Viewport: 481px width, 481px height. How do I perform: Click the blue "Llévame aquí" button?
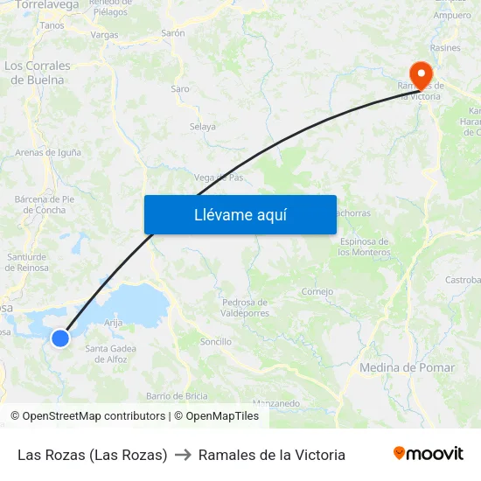tap(240, 214)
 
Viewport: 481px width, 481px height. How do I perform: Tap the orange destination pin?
tap(420, 73)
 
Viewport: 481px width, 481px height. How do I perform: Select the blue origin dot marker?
tap(60, 338)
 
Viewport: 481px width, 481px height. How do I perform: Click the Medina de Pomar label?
tap(407, 368)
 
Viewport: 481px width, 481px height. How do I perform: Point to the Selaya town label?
tap(203, 127)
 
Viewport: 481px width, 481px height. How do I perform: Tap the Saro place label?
tap(180, 89)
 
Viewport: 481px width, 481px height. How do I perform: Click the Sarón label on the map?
tap(173, 33)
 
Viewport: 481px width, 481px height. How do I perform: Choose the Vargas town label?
tap(104, 35)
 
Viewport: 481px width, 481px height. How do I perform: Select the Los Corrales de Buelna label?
tap(38, 73)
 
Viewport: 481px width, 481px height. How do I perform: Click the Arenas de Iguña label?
tap(48, 152)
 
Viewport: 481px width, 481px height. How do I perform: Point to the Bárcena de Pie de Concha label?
tap(45, 205)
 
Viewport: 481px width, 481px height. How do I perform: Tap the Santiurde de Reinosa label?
tap(27, 261)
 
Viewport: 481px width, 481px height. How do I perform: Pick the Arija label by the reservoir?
tap(113, 323)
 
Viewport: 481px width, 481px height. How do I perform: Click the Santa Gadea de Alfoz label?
tap(110, 354)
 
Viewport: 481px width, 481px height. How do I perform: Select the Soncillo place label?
tap(216, 341)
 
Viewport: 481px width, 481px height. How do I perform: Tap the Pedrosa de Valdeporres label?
tap(245, 307)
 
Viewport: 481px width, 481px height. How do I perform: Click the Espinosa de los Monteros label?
tap(366, 247)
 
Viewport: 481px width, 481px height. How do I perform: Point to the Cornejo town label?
tap(317, 292)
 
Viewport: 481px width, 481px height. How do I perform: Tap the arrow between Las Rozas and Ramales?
tap(183, 455)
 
